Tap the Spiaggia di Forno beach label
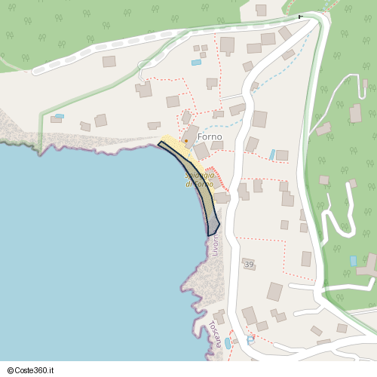[200, 179]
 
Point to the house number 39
[248, 265]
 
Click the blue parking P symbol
[250, 341]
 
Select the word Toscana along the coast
[217, 334]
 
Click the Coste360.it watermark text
[35, 370]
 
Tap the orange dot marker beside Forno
[186, 140]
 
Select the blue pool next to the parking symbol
[227, 343]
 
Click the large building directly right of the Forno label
[259, 118]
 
